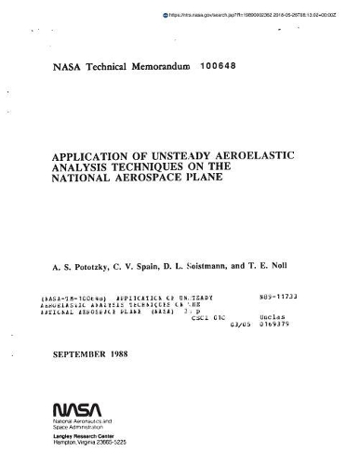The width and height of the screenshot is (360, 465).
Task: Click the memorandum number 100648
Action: point(220,68)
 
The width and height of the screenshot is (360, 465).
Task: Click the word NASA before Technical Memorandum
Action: point(50,68)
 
